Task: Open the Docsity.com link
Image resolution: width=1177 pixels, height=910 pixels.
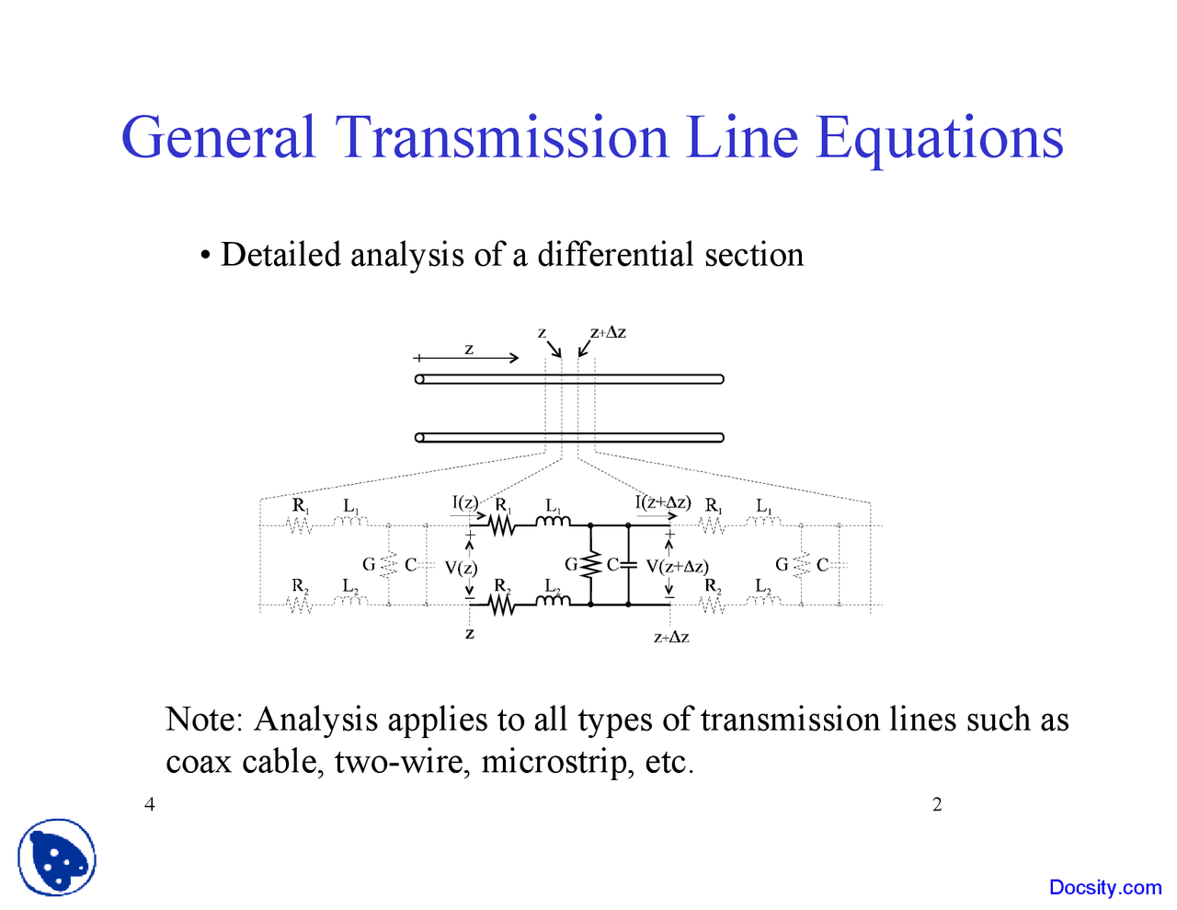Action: point(1104,887)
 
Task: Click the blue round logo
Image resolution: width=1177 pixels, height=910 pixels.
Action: point(56,858)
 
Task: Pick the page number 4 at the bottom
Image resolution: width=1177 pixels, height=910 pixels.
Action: point(150,806)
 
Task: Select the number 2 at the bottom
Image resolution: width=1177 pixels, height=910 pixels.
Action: point(937,806)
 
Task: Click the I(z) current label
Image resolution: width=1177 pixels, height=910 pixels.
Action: point(464,502)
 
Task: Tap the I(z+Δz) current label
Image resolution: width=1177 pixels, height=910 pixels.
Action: point(662,502)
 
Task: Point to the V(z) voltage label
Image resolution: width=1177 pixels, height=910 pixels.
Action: point(461,568)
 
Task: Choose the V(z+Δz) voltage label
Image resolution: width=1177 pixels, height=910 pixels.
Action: point(677,566)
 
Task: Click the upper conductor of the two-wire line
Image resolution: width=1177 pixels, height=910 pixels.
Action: point(570,379)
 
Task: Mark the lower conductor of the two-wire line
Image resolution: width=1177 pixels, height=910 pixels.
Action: point(570,437)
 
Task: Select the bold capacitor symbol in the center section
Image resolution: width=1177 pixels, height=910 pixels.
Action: point(628,565)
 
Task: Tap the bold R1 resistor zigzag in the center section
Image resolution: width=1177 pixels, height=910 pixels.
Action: point(501,525)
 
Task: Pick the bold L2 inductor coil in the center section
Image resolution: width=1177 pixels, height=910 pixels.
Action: point(553,602)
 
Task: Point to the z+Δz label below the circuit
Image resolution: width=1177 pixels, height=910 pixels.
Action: point(671,637)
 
